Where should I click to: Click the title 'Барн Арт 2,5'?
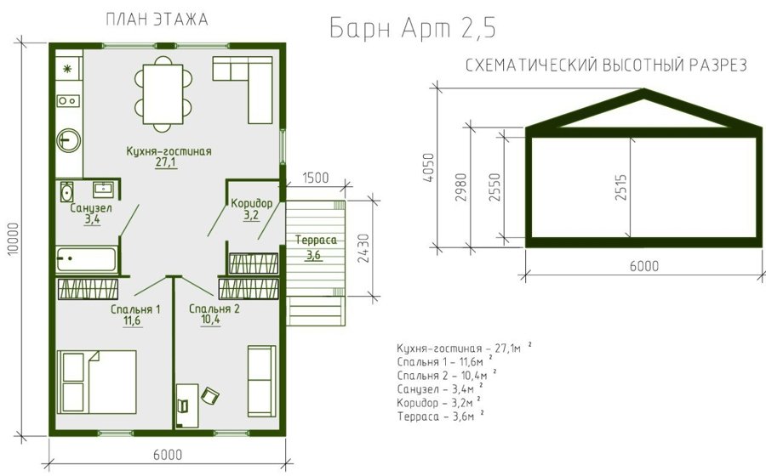click(413, 28)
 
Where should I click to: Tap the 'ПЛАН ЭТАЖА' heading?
click(157, 20)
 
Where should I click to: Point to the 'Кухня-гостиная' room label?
click(169, 151)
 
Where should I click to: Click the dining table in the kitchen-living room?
click(163, 94)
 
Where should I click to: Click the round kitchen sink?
click(68, 140)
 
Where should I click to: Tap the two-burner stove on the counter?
click(68, 101)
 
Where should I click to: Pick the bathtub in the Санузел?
click(87, 259)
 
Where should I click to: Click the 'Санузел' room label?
click(91, 208)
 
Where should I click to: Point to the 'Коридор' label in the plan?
click(252, 203)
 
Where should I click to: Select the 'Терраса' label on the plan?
click(316, 240)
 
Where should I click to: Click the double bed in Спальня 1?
click(97, 382)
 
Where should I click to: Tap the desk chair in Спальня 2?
click(210, 395)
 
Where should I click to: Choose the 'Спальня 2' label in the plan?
click(214, 309)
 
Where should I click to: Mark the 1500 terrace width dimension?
click(316, 178)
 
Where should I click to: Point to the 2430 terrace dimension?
click(364, 248)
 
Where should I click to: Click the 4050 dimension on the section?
click(428, 167)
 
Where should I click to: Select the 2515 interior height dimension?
click(621, 187)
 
